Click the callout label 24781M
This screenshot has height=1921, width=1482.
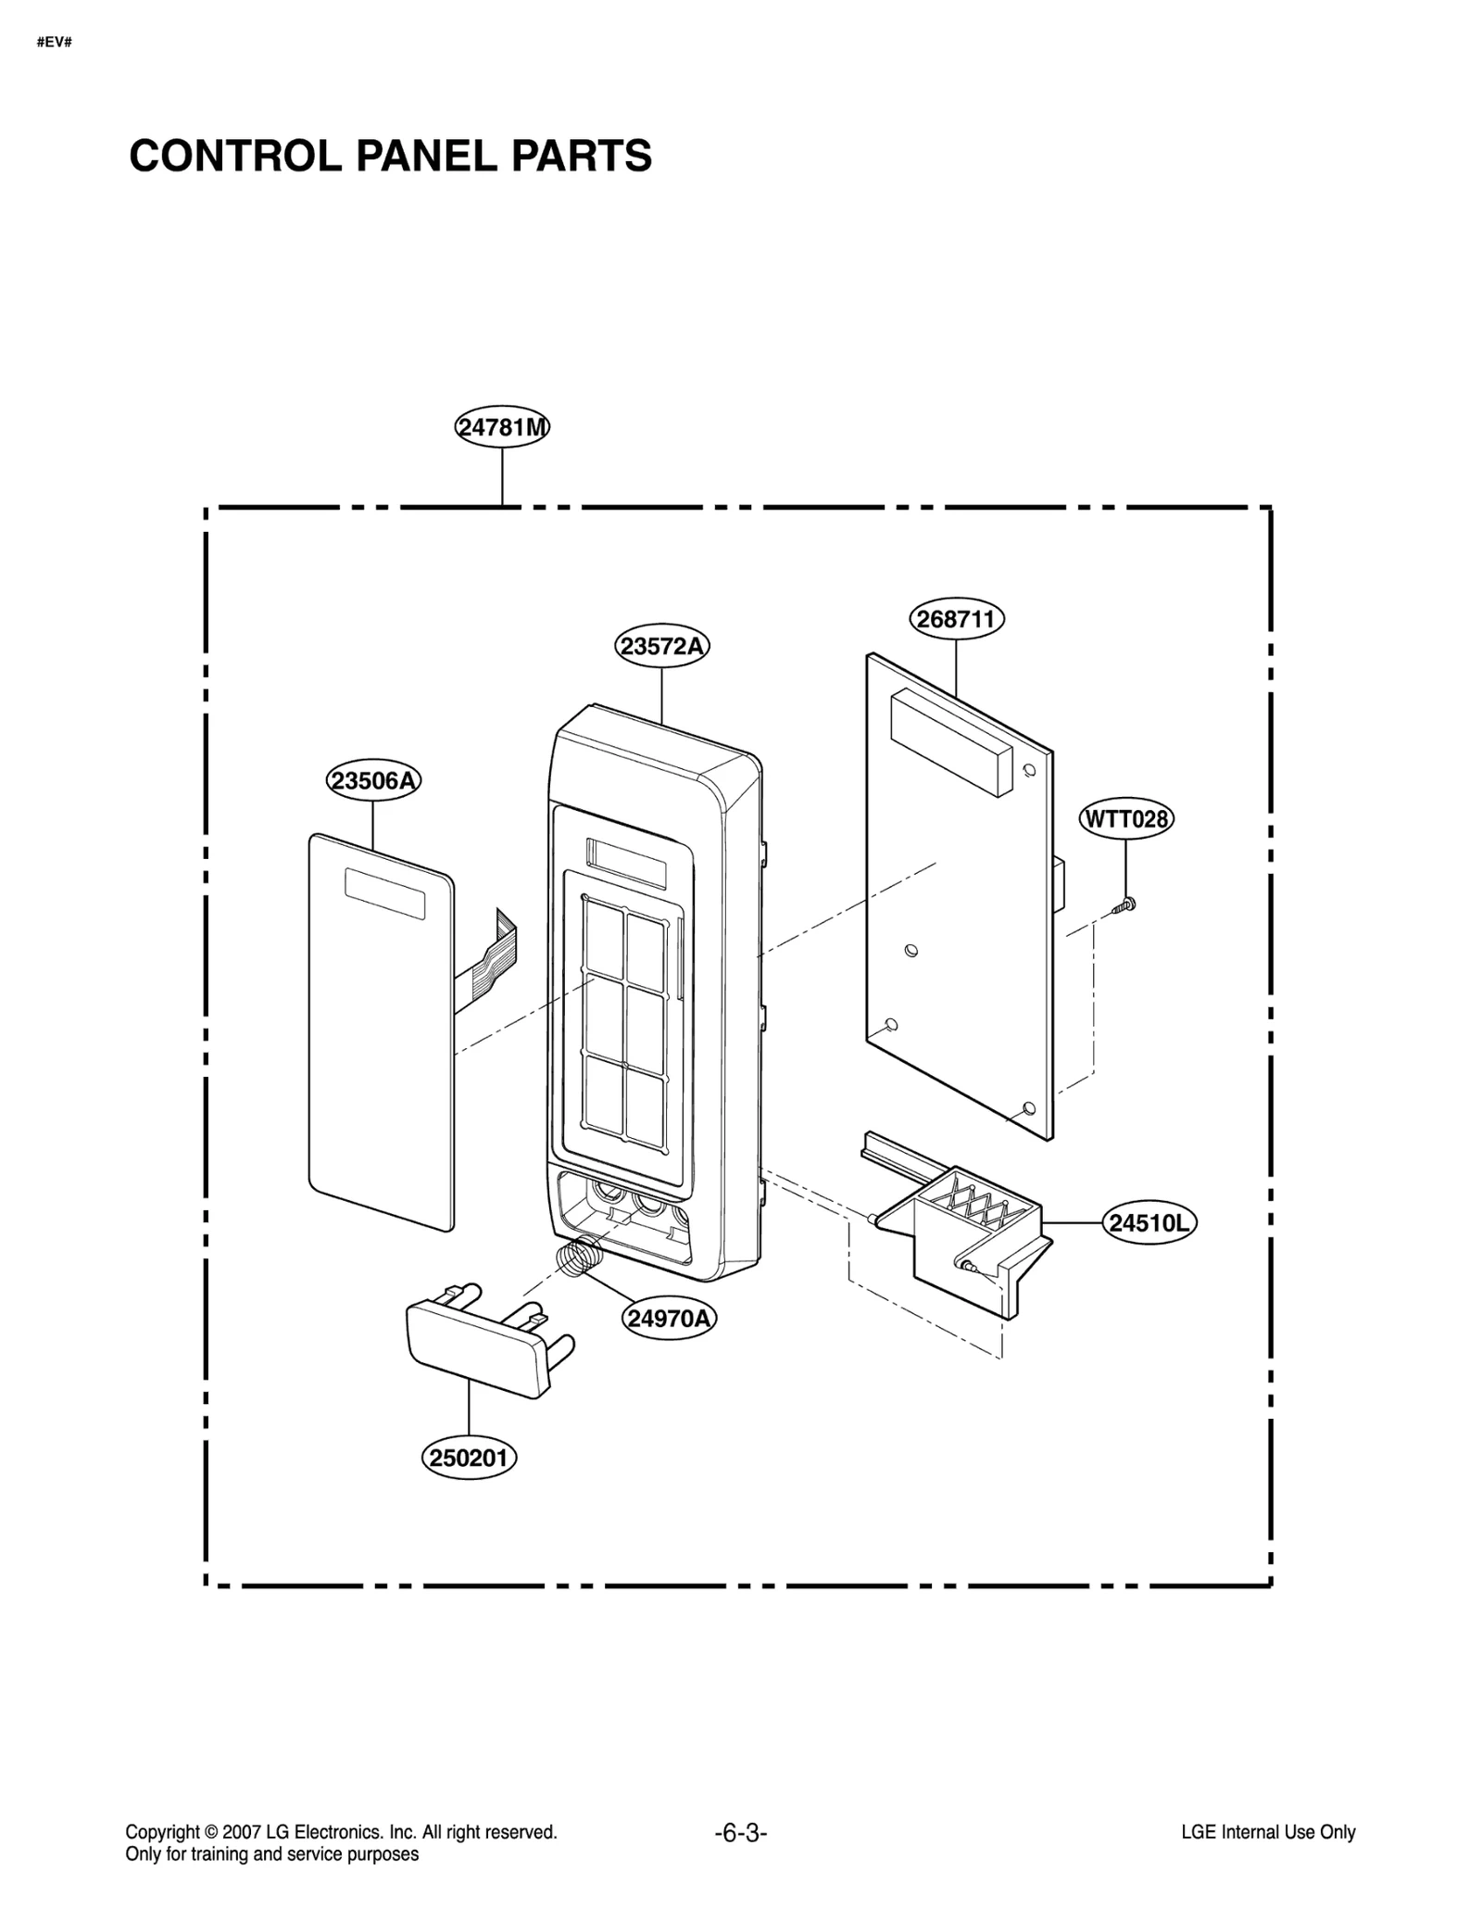tap(502, 427)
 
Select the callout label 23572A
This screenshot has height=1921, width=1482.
tap(661, 646)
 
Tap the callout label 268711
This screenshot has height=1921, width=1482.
tap(956, 619)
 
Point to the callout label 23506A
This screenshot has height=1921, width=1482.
tap(373, 780)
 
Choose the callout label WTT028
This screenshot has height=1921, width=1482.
tap(1125, 819)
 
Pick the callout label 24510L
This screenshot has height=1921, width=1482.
tap(1149, 1223)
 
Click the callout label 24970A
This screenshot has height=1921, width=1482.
tap(668, 1318)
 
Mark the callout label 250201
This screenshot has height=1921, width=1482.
tap(470, 1458)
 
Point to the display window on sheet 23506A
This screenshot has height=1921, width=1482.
tap(384, 893)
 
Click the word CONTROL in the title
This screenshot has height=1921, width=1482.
tap(236, 156)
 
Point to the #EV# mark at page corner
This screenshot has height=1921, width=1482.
tap(55, 43)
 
